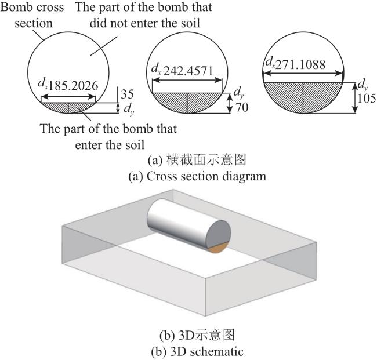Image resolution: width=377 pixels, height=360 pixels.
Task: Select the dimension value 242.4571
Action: tap(188, 71)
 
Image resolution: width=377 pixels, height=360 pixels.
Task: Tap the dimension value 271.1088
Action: tap(300, 64)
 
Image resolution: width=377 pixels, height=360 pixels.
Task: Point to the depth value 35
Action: tap(127, 94)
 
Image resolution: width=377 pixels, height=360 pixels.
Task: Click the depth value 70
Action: tap(242, 107)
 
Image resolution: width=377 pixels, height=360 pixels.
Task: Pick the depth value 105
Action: tap(367, 99)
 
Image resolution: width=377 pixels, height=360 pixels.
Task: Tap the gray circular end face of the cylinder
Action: tap(218, 234)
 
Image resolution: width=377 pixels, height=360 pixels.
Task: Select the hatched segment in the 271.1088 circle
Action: tap(303, 96)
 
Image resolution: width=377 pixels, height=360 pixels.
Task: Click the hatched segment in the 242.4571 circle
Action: tap(187, 102)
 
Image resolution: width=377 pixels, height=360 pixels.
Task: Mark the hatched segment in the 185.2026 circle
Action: tap(68, 107)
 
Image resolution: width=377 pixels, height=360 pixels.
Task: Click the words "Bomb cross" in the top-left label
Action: tap(32, 7)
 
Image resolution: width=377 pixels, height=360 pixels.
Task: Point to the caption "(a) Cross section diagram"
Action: tap(197, 176)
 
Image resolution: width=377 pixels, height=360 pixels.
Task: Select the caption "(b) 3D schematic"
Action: tap(197, 351)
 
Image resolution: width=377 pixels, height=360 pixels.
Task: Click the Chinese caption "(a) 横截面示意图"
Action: tap(197, 160)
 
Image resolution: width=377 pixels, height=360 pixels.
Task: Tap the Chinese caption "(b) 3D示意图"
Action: tap(197, 335)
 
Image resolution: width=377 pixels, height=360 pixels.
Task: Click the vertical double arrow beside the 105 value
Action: tap(354, 98)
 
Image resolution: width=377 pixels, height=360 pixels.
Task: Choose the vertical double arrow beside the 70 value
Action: tap(230, 103)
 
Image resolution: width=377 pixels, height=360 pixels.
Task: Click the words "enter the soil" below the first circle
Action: tap(110, 145)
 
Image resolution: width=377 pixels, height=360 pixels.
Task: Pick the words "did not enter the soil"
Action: tap(145, 23)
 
